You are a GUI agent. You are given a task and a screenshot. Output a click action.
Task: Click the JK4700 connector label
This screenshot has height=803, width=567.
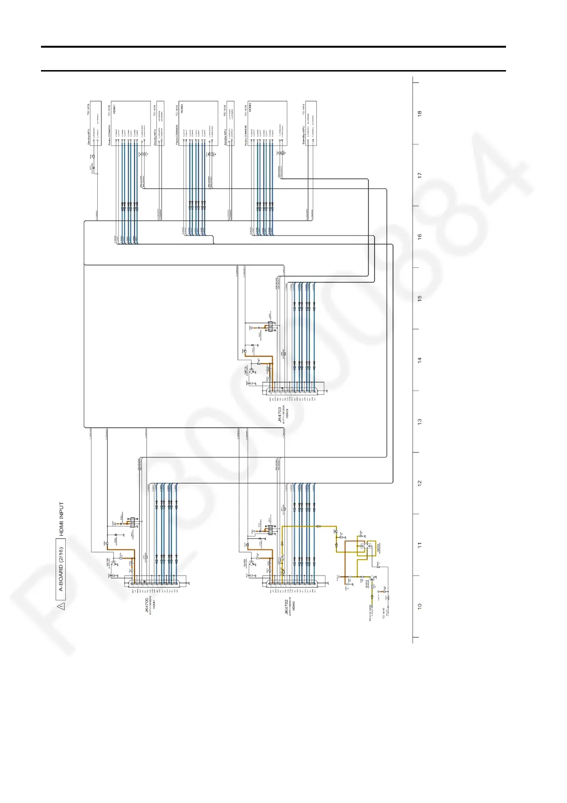pos(148,607)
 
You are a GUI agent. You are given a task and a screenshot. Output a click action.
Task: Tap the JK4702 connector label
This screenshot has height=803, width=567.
pos(286,607)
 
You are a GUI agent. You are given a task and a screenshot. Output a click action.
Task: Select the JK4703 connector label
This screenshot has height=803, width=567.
pos(280,412)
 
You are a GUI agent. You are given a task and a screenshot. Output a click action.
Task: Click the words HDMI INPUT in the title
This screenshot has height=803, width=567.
pos(61,518)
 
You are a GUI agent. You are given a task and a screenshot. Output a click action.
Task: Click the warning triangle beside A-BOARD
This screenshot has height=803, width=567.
pos(61,607)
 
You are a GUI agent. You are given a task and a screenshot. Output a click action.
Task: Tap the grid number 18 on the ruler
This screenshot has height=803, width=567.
pos(419,113)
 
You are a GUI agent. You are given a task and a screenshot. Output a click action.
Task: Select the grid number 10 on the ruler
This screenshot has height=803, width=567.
pos(419,607)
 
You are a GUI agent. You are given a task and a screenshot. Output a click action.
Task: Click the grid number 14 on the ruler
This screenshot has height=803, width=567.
pos(419,360)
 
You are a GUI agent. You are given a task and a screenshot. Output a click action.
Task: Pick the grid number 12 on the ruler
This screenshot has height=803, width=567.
pos(419,483)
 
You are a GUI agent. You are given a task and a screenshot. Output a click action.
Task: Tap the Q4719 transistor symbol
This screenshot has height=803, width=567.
pos(253,370)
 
